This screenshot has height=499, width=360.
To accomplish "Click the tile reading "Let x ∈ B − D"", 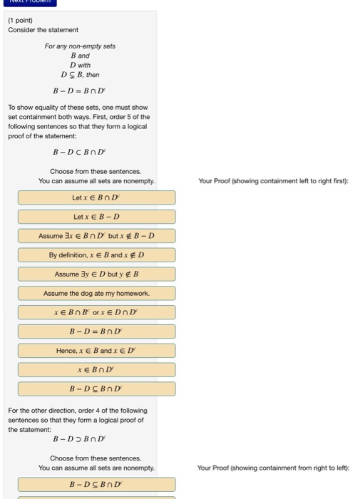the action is pyautogui.click(x=96, y=216).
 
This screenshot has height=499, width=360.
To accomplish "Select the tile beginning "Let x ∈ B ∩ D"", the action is pyautogui.click(x=96, y=197).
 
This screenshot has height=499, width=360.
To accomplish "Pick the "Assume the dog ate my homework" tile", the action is pyautogui.click(x=96, y=293).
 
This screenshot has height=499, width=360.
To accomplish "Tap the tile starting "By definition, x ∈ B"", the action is pyautogui.click(x=96, y=254).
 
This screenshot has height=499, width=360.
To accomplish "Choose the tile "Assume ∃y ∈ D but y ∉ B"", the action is pyautogui.click(x=96, y=274).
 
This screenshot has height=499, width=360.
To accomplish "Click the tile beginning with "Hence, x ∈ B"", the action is pyautogui.click(x=96, y=351).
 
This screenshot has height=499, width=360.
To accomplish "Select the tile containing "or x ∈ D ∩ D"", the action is pyautogui.click(x=96, y=312).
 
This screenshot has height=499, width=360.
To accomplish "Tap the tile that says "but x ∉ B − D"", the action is pyautogui.click(x=96, y=235).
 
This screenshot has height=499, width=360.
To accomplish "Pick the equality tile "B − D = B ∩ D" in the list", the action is pyautogui.click(x=96, y=331).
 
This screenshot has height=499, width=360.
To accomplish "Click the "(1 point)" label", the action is pyautogui.click(x=21, y=20).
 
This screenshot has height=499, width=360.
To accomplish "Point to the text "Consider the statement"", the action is pyautogui.click(x=43, y=30).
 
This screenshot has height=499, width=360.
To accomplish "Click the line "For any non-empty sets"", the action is pyautogui.click(x=80, y=46).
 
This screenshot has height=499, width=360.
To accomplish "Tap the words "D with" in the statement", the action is pyautogui.click(x=79, y=64).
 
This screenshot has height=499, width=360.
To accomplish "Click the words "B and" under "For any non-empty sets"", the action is pyautogui.click(x=79, y=55).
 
